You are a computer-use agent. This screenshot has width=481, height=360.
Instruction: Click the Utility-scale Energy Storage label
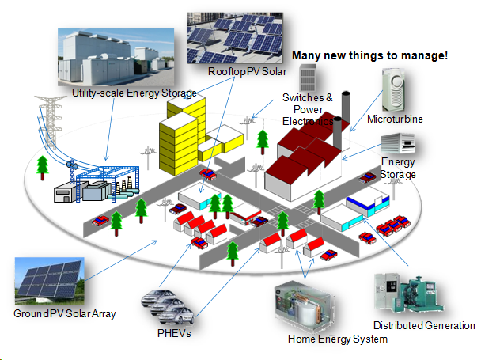(134, 93)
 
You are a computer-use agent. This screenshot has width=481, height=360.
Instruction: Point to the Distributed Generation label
(423, 325)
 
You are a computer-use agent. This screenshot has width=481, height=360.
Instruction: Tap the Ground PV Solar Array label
(65, 314)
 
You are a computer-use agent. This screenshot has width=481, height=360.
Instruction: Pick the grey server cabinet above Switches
(306, 77)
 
